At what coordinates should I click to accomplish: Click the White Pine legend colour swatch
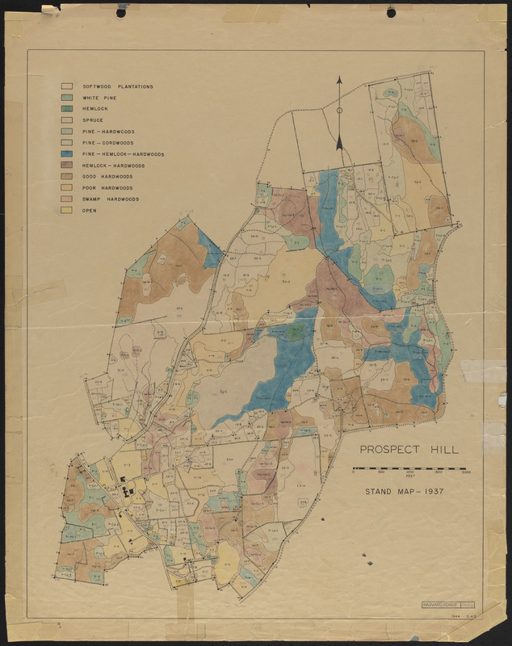click(x=67, y=98)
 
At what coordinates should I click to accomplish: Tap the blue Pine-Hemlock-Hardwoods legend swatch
click(x=67, y=153)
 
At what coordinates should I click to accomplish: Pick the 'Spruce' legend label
click(x=93, y=120)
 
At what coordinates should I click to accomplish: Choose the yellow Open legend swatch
click(x=67, y=210)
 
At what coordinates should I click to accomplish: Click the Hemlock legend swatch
click(x=67, y=109)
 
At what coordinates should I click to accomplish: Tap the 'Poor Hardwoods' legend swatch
click(x=67, y=187)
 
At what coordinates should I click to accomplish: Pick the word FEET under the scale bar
click(x=409, y=479)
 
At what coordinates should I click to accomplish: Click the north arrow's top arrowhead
click(x=339, y=81)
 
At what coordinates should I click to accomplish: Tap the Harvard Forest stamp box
click(x=447, y=604)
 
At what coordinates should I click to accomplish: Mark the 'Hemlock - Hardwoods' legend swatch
click(x=67, y=165)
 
